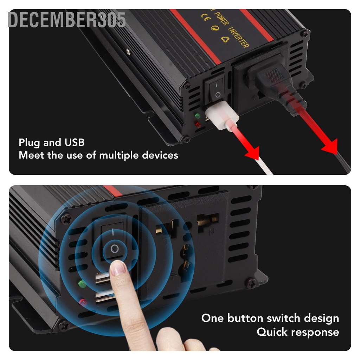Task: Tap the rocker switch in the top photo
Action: (216, 89)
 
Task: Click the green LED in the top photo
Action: (198, 116)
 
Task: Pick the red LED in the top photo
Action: (197, 124)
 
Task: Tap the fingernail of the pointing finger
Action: (118, 269)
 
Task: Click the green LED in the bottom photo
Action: (82, 283)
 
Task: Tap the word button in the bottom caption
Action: (246, 319)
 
